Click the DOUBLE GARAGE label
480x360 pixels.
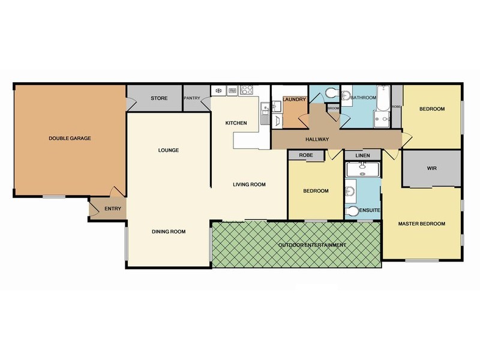(70, 139)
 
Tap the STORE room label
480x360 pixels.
(158, 98)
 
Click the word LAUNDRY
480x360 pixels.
(294, 99)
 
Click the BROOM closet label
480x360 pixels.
(332, 108)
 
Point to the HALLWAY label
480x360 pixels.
(316, 139)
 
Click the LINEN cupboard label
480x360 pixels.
(362, 155)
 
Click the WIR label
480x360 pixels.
(431, 168)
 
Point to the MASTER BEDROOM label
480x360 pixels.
(422, 224)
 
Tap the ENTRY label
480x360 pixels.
(112, 209)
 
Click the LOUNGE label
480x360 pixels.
(170, 150)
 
